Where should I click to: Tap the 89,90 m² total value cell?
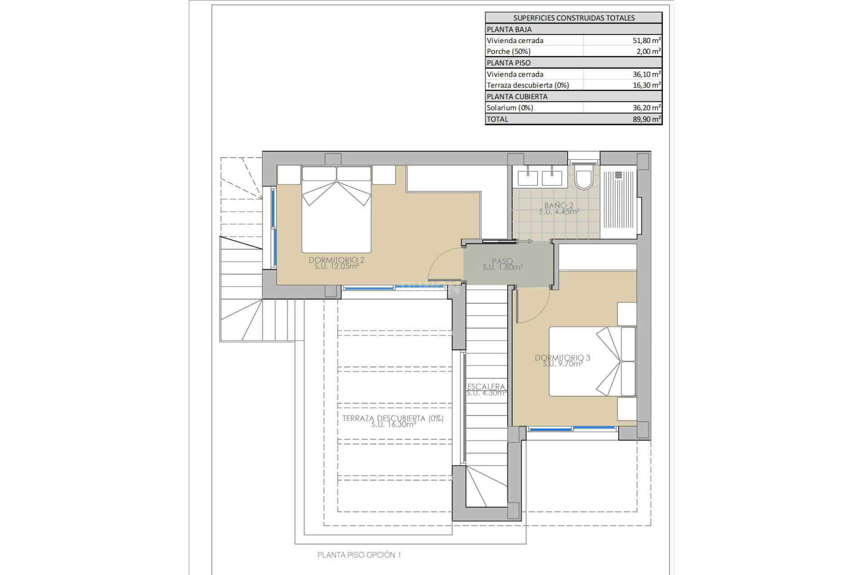pos(646,119)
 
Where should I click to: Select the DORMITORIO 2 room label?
pos(336,263)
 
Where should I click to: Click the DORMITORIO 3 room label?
pos(562,361)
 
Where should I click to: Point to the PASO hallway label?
pos(502,264)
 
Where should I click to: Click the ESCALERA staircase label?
pos(486,389)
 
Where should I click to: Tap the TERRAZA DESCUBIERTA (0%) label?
pos(393,421)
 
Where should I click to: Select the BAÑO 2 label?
pos(559,208)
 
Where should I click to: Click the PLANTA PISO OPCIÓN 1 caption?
pos(359,555)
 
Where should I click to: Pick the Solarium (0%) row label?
pos(510,108)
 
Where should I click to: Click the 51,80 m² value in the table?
pos(646,40)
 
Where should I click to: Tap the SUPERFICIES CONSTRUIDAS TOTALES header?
pos(574,18)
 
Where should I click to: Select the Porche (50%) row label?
pos(508,52)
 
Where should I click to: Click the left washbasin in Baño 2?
pos(528,177)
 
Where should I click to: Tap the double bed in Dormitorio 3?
pos(591,362)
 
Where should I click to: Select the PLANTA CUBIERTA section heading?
pos(517,97)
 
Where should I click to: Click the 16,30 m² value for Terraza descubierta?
pos(646,85)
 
